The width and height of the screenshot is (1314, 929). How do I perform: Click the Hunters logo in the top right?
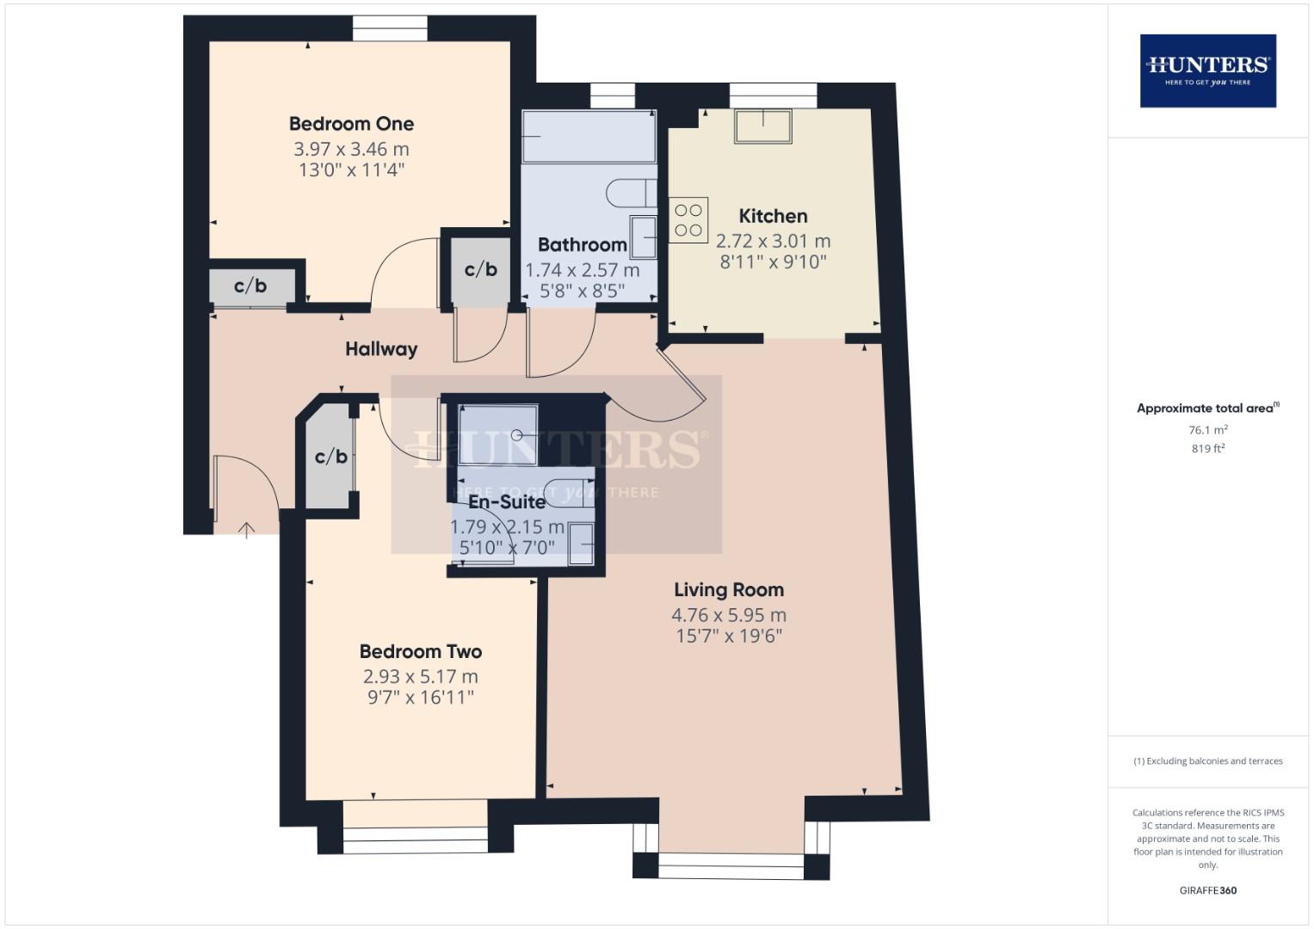pos(1207,71)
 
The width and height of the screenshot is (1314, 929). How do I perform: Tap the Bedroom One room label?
pos(351,124)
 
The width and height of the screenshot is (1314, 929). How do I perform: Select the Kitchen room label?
pos(773,216)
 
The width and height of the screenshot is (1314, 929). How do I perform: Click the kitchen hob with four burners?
pos(688,220)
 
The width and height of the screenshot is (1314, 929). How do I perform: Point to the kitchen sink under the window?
pos(762,126)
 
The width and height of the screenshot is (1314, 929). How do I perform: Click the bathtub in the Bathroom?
pos(589,137)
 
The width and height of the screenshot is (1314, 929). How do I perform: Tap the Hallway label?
pos(381,349)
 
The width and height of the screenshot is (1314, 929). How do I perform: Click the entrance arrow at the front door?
pos(246,529)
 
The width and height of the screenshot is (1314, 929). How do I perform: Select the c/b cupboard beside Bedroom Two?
pos(330,456)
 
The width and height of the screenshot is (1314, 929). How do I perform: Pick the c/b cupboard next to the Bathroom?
pos(480,269)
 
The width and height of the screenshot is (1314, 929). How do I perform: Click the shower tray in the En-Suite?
pos(497,435)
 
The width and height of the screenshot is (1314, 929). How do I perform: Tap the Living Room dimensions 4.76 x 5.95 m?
pos(729,615)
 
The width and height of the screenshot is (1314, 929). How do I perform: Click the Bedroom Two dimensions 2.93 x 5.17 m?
pos(420,677)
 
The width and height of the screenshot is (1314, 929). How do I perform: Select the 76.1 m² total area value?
pos(1207,430)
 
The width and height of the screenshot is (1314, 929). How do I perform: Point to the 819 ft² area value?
pos(1207,448)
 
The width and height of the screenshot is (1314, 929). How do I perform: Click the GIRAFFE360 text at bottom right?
pos(1207,890)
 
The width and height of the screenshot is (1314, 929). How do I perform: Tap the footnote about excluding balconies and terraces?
pos(1207,761)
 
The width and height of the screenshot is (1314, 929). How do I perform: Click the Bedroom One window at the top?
pos(390,29)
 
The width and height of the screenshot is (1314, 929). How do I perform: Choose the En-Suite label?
pos(507,501)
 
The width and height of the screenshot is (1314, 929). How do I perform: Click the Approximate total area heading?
pos(1207,409)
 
